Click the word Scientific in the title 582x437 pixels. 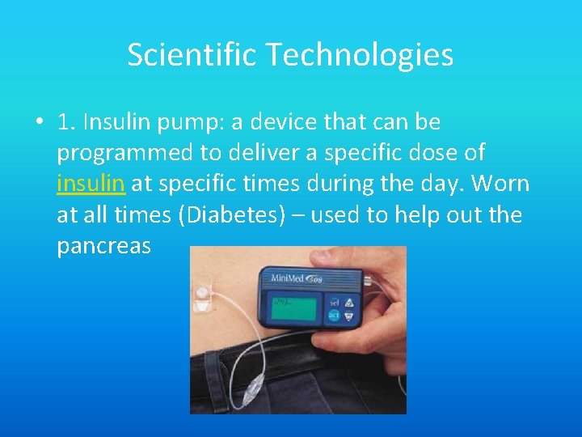point(191,55)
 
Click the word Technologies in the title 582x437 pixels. point(358,55)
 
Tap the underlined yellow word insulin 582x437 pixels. point(91,184)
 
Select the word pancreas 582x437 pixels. point(103,245)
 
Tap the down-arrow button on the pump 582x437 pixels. point(348,318)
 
